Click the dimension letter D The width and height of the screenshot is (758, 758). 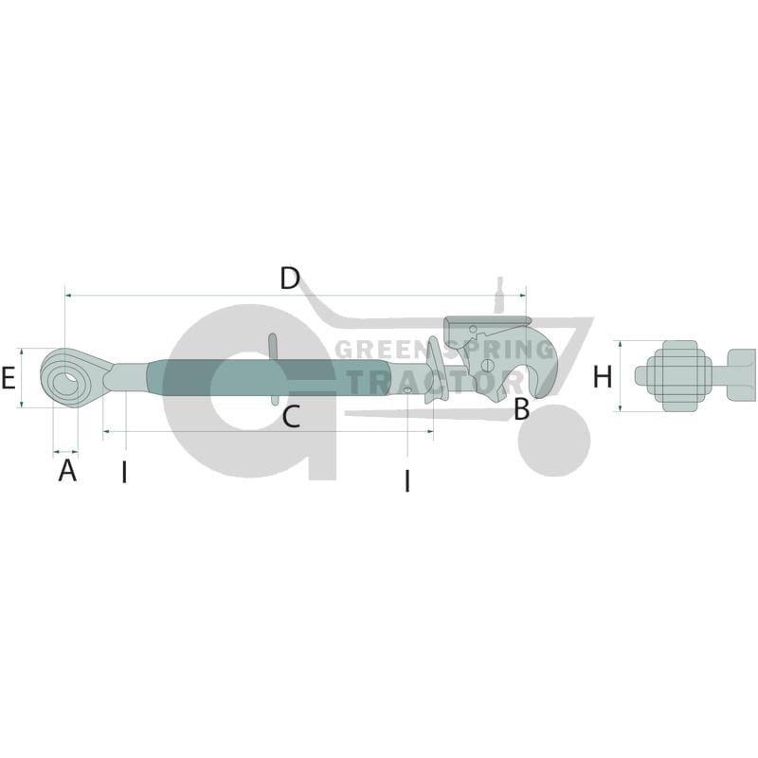click(x=290, y=278)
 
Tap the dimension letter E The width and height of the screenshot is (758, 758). click(x=9, y=377)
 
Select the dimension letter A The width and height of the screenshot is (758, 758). click(x=67, y=470)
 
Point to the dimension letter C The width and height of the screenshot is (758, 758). click(x=291, y=417)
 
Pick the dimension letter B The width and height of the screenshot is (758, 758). click(x=522, y=408)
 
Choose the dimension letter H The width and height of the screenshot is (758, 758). click(x=603, y=376)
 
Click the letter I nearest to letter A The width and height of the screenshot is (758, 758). click(x=125, y=472)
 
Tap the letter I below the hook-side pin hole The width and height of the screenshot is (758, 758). click(x=407, y=481)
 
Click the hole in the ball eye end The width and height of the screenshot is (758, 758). click(x=65, y=385)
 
